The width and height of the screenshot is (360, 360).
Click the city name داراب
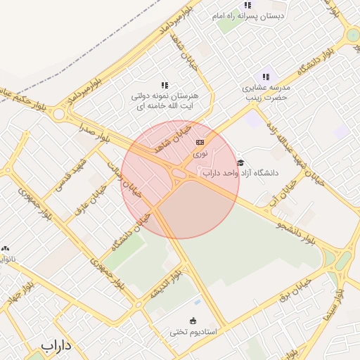[x=57, y=345]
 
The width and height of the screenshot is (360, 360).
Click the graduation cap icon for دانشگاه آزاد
[x=240, y=162]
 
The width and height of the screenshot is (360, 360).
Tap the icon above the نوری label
[x=200, y=142]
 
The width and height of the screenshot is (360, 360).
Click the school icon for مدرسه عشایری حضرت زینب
[x=266, y=77]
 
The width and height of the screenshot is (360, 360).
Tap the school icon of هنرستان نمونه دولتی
[x=165, y=85]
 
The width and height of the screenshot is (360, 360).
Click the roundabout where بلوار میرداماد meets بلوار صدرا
[x=59, y=113]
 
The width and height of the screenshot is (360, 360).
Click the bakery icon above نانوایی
[x=6, y=248]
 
